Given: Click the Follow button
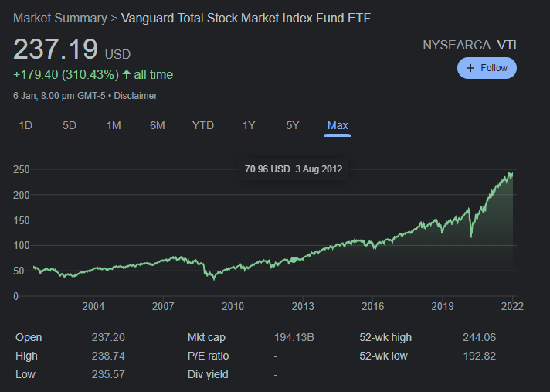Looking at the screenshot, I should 487,68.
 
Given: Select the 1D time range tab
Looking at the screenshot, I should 25,125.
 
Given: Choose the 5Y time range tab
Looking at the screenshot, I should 292,125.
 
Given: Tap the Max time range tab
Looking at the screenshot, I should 338,125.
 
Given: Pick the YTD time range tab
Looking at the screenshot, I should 203,125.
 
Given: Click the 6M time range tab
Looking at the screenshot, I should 158,125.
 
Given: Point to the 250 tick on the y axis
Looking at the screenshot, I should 21,169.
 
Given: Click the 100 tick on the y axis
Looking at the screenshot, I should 21,245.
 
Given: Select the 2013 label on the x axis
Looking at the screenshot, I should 303,306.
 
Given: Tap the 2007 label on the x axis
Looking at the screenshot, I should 163,306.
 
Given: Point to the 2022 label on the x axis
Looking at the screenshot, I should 511,306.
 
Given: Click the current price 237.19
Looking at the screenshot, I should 55,50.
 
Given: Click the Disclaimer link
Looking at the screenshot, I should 136,96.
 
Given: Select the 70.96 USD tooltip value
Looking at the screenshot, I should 267,169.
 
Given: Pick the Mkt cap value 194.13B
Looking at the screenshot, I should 294,337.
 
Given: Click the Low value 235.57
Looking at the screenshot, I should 108,374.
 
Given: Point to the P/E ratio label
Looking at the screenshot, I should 208,356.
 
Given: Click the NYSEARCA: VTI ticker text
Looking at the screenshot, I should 469,45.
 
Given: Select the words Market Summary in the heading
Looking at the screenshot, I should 59,18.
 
